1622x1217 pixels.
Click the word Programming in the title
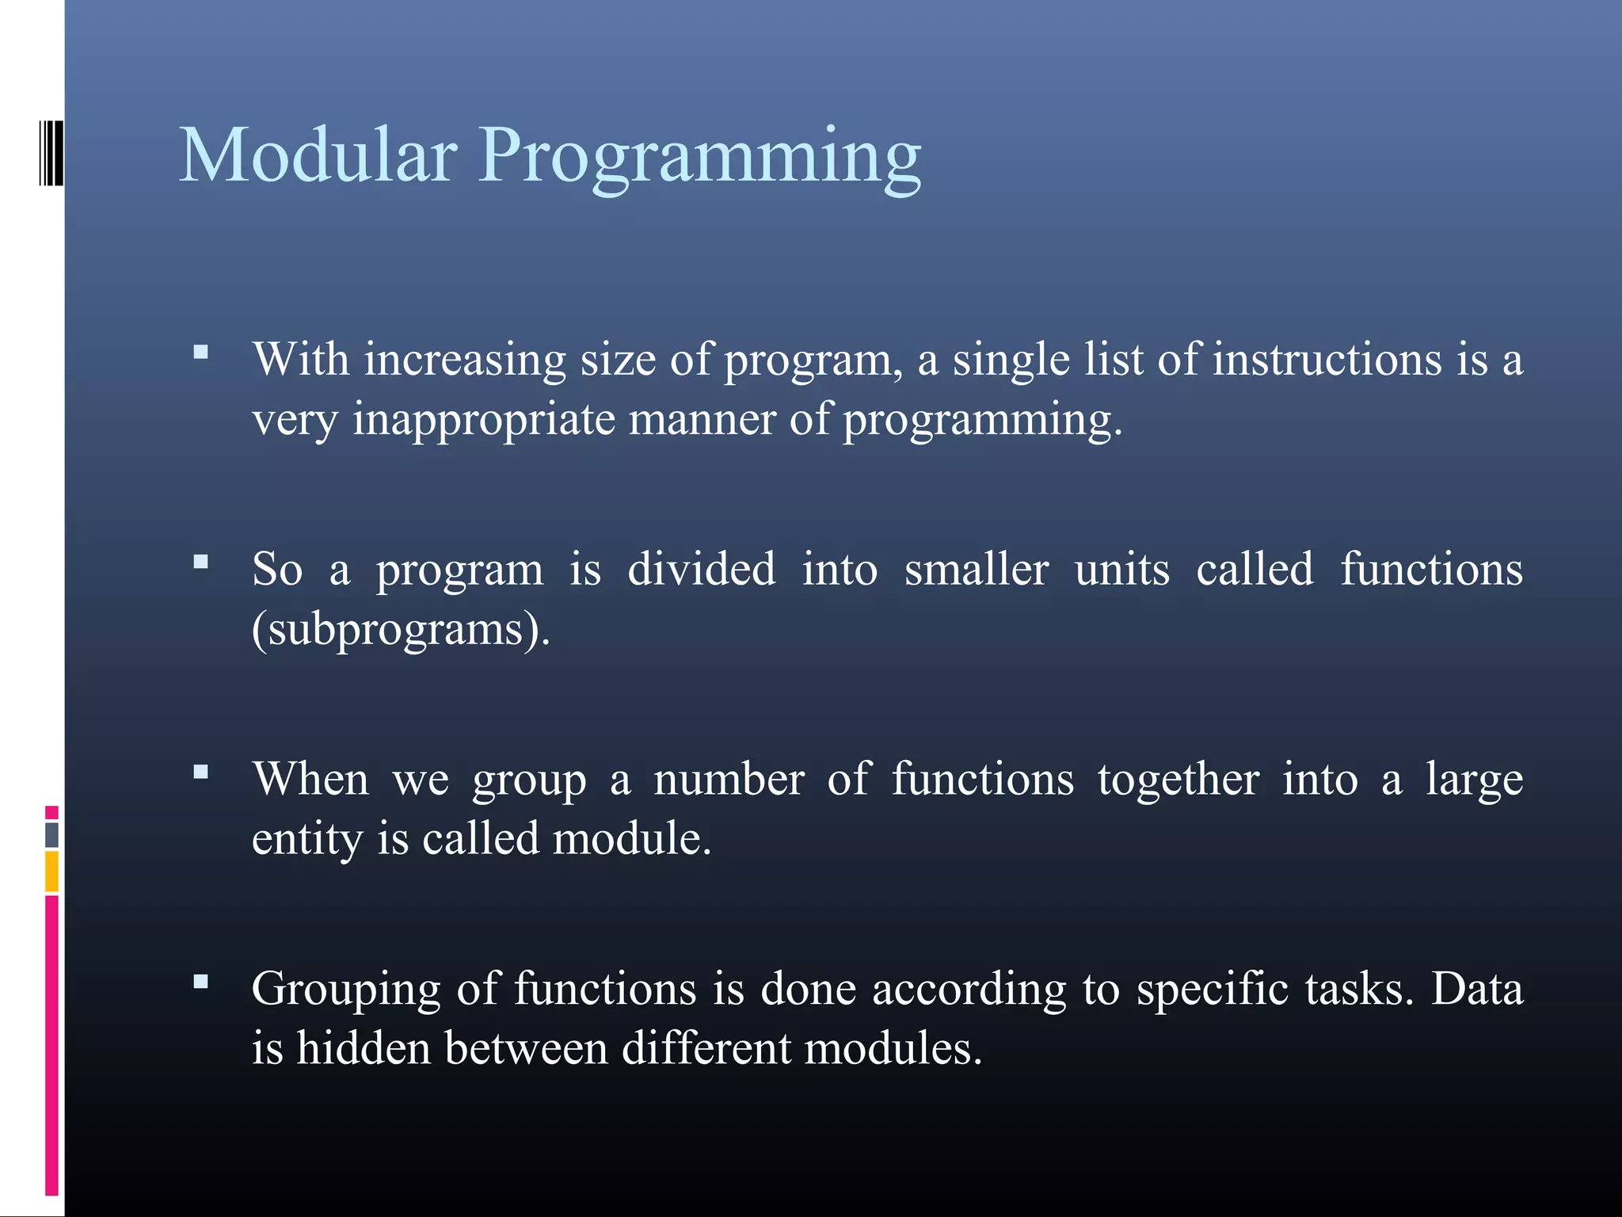pyautogui.click(x=700, y=158)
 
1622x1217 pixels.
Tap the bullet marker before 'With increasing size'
pyautogui.click(x=201, y=352)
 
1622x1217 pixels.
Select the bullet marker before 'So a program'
pyautogui.click(x=201, y=562)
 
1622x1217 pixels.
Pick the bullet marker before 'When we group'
pyautogui.click(x=201, y=772)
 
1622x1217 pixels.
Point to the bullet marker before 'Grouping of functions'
pyautogui.click(x=201, y=982)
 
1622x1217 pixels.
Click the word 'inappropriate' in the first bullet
pyautogui.click(x=483, y=420)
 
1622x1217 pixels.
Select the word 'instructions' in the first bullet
pyautogui.click(x=1327, y=360)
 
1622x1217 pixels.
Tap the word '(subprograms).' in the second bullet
pyautogui.click(x=401, y=631)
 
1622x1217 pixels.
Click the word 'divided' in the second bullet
pyautogui.click(x=701, y=570)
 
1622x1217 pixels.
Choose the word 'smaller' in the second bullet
pyautogui.click(x=976, y=570)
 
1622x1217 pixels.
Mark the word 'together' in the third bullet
pyautogui.click(x=1178, y=780)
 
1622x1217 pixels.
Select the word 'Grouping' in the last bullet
pyautogui.click(x=346, y=990)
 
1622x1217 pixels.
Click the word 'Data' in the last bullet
pyautogui.click(x=1477, y=990)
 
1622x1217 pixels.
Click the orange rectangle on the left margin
pyautogui.click(x=51, y=872)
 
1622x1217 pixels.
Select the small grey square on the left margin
pyautogui.click(x=51, y=834)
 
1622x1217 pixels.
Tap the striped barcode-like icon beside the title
pyautogui.click(x=51, y=153)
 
